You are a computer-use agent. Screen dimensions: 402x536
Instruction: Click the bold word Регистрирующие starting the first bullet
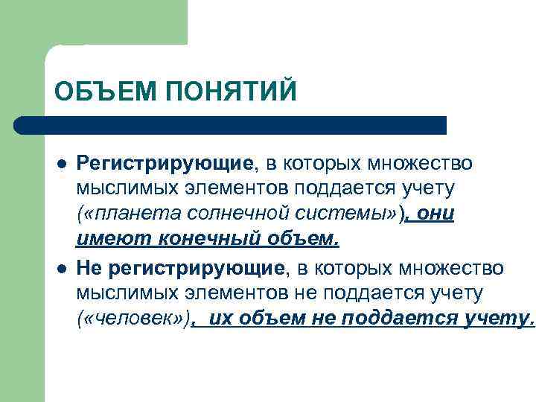tap(165, 163)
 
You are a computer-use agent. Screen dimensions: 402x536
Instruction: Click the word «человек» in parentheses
tap(133, 319)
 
